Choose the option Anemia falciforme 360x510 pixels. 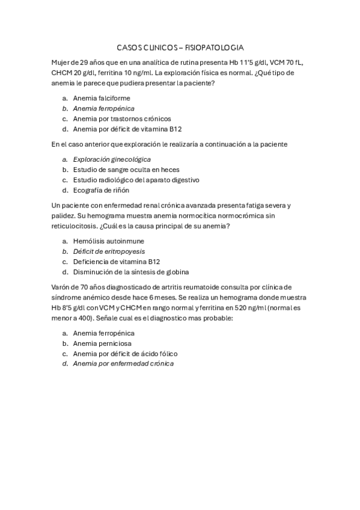pyautogui.click(x=101, y=97)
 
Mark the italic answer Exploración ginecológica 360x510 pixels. pyautogui.click(x=112, y=159)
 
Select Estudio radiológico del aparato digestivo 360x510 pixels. pyautogui.click(x=136, y=180)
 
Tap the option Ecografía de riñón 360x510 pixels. pyautogui.click(x=101, y=190)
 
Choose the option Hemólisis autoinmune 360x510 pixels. pyautogui.click(x=108, y=241)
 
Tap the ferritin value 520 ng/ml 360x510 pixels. pyautogui.click(x=233, y=307)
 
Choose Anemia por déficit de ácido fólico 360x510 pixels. pyautogui.click(x=125, y=354)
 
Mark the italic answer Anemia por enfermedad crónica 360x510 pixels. pyautogui.click(x=123, y=364)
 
